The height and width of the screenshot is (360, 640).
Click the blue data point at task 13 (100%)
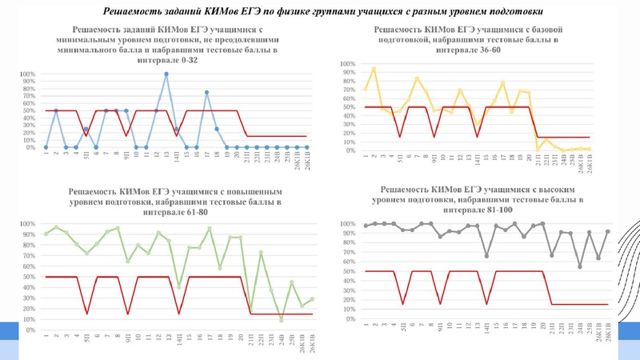[166, 74]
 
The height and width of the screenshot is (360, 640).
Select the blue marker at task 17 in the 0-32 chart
[206, 93]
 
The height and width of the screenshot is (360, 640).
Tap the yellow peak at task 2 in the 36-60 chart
[374, 69]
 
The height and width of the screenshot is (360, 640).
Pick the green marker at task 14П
[178, 286]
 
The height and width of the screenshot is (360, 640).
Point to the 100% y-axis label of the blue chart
[26, 75]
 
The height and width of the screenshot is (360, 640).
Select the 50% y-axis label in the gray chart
[348, 272]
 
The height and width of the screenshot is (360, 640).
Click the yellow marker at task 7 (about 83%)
[417, 78]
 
